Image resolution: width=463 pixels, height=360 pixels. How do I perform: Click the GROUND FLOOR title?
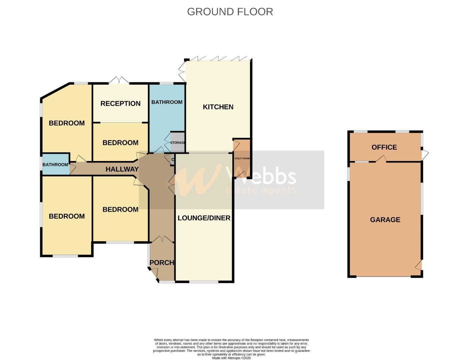coord(230,12)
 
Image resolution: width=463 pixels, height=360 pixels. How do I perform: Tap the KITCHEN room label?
coord(218,107)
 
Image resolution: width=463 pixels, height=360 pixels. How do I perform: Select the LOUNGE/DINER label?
coord(204,218)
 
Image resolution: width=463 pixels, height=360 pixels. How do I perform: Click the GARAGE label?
coord(385,220)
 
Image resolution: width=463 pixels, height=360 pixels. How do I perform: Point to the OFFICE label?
coord(384,147)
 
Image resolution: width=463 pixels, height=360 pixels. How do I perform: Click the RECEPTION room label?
coord(120,104)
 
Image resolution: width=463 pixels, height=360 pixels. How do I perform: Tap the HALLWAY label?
coord(122,169)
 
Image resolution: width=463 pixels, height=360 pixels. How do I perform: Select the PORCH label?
coord(162,263)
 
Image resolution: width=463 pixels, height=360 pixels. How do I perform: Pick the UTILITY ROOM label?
coord(242,159)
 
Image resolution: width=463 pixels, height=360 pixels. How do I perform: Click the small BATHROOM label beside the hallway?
coord(55,165)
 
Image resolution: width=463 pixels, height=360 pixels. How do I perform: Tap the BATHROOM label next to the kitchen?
coord(167,102)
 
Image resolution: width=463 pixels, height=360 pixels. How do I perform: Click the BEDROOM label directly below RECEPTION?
coord(120,143)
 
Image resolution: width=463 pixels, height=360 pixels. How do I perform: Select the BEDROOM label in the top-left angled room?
coord(67,123)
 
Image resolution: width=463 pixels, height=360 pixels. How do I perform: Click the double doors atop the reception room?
coord(119,81)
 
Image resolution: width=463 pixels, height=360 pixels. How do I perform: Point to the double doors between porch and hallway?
coord(162,239)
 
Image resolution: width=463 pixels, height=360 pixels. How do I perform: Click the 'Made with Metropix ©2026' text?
coord(231,358)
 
